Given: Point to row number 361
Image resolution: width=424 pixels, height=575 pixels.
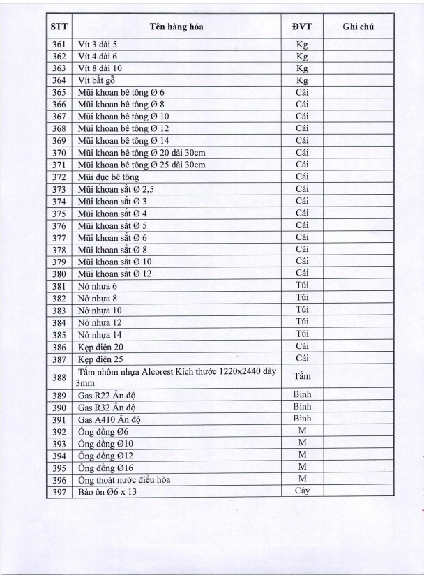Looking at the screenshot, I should coord(59,45).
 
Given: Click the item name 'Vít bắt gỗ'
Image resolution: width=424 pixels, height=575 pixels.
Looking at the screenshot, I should coord(98,80).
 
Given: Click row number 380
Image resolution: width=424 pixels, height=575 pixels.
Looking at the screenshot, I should coord(59,273).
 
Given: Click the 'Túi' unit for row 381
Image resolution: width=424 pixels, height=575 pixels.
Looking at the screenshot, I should coord(302,285).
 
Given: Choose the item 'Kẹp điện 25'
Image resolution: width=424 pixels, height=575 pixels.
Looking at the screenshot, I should coord(101,357).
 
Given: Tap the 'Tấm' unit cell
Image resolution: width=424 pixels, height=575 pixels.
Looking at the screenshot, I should coord(302,376).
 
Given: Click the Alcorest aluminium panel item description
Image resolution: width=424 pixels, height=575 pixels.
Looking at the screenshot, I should coord(174,376).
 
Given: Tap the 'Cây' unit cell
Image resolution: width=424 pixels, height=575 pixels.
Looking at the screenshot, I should coord(302,491).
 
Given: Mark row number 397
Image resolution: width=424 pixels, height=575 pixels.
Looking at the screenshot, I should coord(59,491).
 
